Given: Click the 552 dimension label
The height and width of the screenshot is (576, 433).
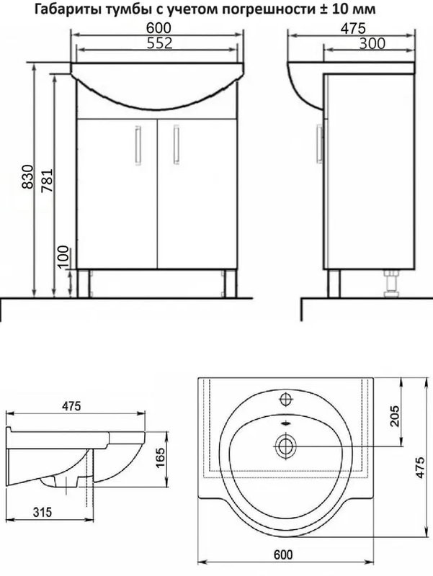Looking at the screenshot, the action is coord(159,43).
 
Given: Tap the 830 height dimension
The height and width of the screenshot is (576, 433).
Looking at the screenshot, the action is coord(27,177).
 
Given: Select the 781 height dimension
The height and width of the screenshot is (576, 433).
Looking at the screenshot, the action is coord(47,181).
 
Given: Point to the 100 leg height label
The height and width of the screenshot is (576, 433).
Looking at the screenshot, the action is coord(63,257).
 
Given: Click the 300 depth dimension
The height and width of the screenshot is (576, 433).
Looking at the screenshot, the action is coord(372,44).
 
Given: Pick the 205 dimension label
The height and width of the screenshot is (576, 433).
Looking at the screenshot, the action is coord(394,416).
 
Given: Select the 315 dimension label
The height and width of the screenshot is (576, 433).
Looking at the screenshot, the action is coord(43,512).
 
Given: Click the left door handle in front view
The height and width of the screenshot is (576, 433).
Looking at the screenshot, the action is coord(138,144).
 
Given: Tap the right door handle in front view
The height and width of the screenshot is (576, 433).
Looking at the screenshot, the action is coord(176,144).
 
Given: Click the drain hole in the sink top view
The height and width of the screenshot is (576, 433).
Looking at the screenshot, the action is coord(285,446).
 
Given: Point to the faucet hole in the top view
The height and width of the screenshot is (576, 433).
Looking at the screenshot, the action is coord(285,400).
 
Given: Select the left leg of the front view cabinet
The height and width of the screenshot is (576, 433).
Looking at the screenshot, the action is coord(84,283).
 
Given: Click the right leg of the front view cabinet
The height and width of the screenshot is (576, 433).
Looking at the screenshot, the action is coord(230,283).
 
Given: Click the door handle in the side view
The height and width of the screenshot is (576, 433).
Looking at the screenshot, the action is coord(319,143).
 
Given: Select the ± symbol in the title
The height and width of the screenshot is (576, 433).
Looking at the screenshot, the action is coord(322,9).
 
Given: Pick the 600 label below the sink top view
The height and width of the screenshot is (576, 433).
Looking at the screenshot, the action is coord(283,554).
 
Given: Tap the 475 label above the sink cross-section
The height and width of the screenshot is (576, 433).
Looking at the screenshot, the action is coord(71,406).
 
